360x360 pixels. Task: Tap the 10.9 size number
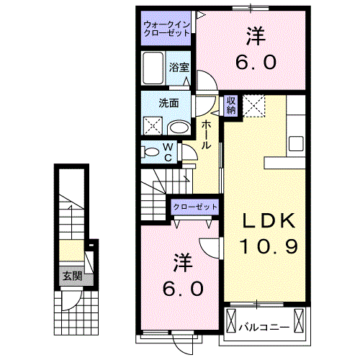click(x=264, y=247)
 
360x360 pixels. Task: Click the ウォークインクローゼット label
click(x=166, y=30)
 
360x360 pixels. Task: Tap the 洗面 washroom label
click(x=169, y=102)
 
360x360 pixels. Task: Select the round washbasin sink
click(x=179, y=127)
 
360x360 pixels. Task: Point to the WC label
click(x=166, y=152)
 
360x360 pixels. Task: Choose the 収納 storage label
click(x=231, y=106)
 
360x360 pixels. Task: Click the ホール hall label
click(x=206, y=134)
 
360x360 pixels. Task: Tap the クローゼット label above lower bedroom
click(x=195, y=207)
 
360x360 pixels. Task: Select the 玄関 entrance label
click(x=70, y=276)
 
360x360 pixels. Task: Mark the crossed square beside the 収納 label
click(x=255, y=106)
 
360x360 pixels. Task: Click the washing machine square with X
click(x=153, y=127)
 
